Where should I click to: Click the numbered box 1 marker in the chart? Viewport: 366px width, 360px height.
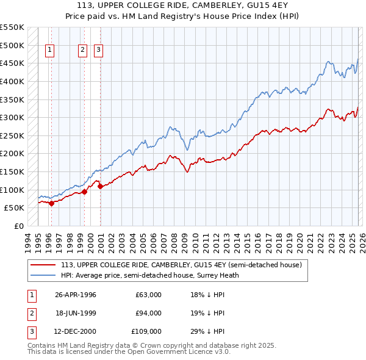click(x=49, y=51)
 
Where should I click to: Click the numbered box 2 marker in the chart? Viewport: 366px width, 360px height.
click(x=82, y=51)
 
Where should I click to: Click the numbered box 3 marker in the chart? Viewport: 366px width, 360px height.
click(x=98, y=51)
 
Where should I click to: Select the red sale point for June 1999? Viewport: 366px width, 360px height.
click(x=85, y=192)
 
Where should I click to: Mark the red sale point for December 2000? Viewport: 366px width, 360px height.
click(x=100, y=186)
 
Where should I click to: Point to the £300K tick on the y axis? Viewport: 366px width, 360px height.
click(x=12, y=117)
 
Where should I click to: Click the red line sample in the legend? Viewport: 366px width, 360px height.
click(x=44, y=265)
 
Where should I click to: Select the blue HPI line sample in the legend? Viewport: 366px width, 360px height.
click(x=44, y=275)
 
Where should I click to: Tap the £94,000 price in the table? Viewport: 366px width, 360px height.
click(x=148, y=313)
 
